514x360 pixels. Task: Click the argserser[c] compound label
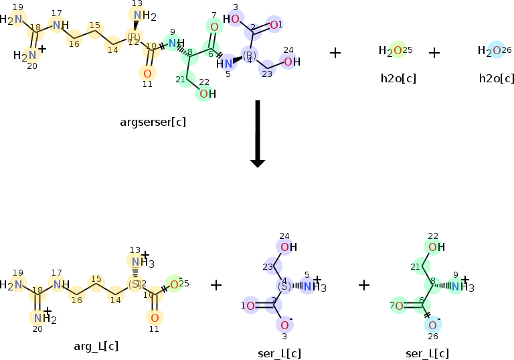(x=153, y=122)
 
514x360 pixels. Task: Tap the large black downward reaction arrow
(x=257, y=133)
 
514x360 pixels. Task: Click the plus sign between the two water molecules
(x=434, y=52)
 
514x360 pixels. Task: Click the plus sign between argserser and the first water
(x=336, y=52)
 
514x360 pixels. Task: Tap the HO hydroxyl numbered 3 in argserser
(x=232, y=19)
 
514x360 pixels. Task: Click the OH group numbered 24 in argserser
(x=291, y=62)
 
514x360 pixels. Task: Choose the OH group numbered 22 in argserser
(x=207, y=94)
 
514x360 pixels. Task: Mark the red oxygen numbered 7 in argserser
(x=214, y=27)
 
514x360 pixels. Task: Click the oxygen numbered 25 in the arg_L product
(x=173, y=284)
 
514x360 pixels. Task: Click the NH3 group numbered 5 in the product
(x=310, y=286)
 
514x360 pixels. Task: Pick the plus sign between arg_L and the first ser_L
(x=216, y=285)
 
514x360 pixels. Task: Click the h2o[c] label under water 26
(x=496, y=78)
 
